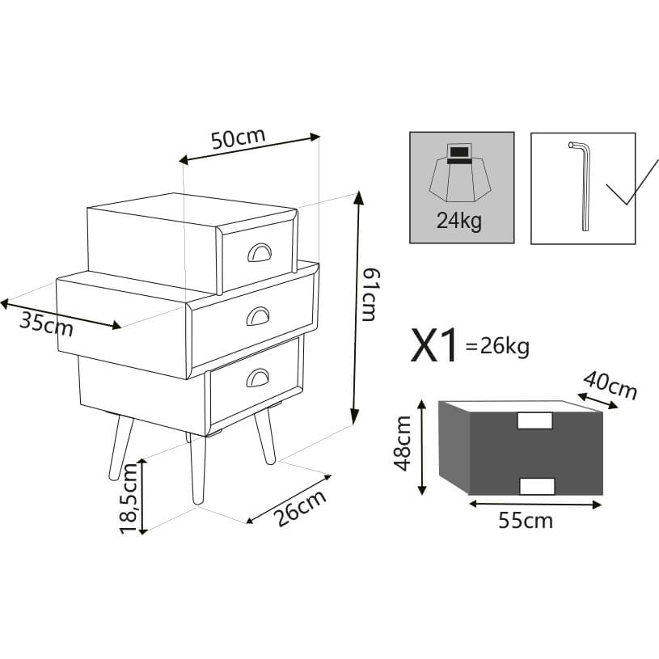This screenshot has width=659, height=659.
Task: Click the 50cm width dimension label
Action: point(239,137)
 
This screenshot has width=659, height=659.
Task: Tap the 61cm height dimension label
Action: point(370,294)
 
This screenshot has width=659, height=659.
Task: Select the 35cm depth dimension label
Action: point(46,324)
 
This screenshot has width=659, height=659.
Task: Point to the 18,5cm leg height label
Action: point(129,498)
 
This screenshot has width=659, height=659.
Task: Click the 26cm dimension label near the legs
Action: point(301,508)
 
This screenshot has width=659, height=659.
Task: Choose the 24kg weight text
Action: point(459,221)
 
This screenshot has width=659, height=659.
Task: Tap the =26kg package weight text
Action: point(497,347)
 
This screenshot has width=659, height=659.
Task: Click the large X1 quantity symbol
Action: point(433,345)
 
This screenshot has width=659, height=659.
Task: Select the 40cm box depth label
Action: point(610,385)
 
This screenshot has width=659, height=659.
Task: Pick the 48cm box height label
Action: point(402,443)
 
